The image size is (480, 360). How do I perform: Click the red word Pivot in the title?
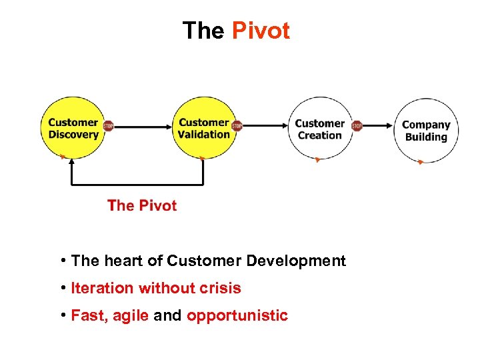coord(261,31)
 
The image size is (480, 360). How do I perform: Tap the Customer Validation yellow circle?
coord(203,129)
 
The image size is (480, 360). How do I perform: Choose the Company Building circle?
coord(426,131)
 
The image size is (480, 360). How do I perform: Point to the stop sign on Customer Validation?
coord(237,125)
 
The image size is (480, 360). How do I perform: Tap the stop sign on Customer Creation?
coord(357,125)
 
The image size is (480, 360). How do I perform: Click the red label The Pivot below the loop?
coord(142,205)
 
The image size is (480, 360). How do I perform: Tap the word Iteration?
coord(102,288)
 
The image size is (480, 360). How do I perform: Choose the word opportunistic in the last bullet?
coord(237,315)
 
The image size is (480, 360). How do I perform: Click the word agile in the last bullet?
coord(131,315)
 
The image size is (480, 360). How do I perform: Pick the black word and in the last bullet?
coord(167,315)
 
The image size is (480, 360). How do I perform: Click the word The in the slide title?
coord(204,31)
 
